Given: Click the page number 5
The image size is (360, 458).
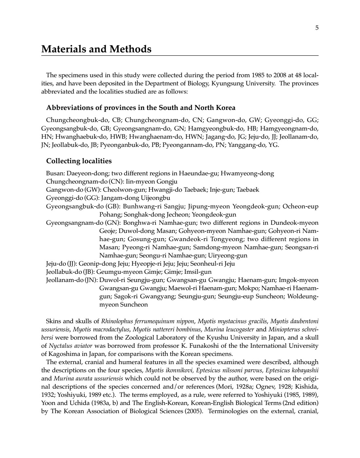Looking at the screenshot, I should coord(316,28).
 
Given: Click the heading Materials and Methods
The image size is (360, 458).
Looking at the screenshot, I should coord(96,49).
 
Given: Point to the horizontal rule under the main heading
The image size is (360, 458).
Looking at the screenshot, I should coord(180,56).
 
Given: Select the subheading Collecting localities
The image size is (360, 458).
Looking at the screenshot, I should coord(79,161).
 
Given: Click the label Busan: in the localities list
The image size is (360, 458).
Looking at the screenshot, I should coord(55,173).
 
